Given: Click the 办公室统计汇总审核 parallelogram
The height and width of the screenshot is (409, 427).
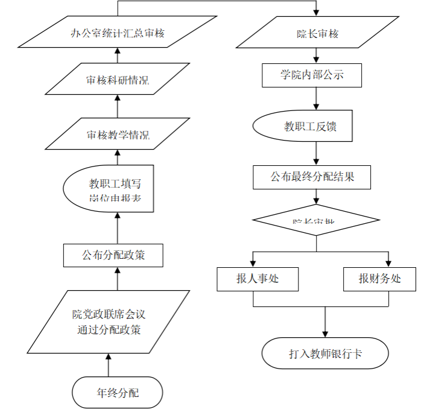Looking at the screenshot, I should click(118, 32).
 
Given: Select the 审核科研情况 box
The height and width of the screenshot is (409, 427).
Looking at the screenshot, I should click(118, 79).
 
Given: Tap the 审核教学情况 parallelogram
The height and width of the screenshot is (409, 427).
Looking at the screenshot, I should click(118, 134).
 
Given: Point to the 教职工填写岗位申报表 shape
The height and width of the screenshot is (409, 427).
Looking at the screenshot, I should click(109, 189).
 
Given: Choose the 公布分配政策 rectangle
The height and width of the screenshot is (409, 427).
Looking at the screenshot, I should click(113, 255).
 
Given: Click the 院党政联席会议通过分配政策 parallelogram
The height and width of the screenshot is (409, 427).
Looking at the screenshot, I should click(109, 322).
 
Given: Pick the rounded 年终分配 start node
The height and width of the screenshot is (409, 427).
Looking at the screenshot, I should click(118, 393).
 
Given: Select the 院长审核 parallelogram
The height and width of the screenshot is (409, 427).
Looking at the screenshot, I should click(317, 33).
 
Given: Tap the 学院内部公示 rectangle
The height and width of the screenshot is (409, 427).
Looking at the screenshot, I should click(312, 75).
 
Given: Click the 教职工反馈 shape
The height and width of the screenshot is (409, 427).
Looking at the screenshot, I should click(303, 127).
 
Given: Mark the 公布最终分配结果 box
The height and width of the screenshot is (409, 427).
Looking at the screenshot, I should click(312, 177).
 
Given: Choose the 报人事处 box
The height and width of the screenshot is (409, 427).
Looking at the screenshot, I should click(258, 279).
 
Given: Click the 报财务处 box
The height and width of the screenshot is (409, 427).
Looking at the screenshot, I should click(379, 279).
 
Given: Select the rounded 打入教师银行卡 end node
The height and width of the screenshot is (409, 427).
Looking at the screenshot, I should click(325, 354).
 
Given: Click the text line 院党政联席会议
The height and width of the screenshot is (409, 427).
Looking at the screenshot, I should click(109, 314).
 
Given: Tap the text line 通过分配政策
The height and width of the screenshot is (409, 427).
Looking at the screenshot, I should click(109, 330).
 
